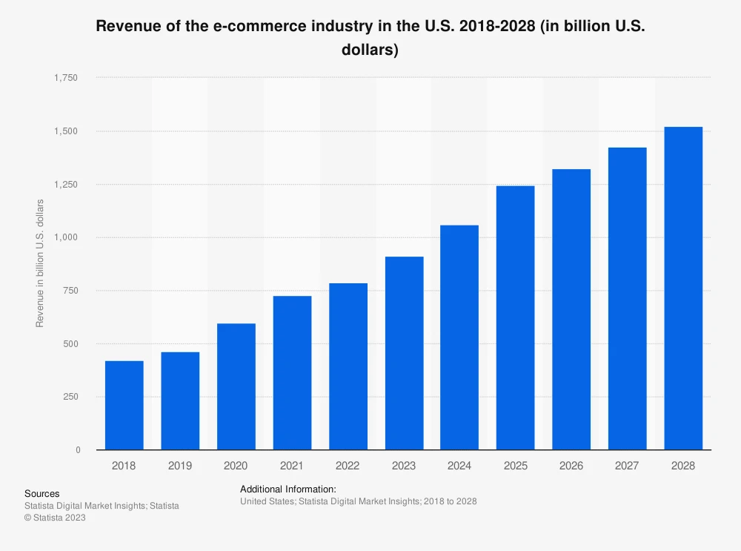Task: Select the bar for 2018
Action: (x=124, y=405)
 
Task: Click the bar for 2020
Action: (x=236, y=386)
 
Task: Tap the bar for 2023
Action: (x=404, y=353)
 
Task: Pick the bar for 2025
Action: (x=516, y=317)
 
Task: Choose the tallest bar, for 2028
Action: (x=683, y=288)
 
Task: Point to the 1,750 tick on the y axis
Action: (x=67, y=78)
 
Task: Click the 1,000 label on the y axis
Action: (x=67, y=237)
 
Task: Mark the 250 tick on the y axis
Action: (x=72, y=397)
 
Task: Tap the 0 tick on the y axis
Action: (x=77, y=450)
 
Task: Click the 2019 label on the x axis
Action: (x=180, y=466)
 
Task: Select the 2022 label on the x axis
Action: (x=348, y=466)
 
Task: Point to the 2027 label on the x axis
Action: (x=627, y=466)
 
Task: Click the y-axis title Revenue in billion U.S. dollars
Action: (x=40, y=263)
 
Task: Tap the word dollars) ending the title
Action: (x=370, y=50)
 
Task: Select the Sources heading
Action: (x=42, y=493)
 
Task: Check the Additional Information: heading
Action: (x=288, y=489)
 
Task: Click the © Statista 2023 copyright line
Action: (x=55, y=518)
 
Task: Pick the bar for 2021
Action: (x=292, y=373)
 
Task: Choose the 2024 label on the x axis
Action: (x=459, y=466)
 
